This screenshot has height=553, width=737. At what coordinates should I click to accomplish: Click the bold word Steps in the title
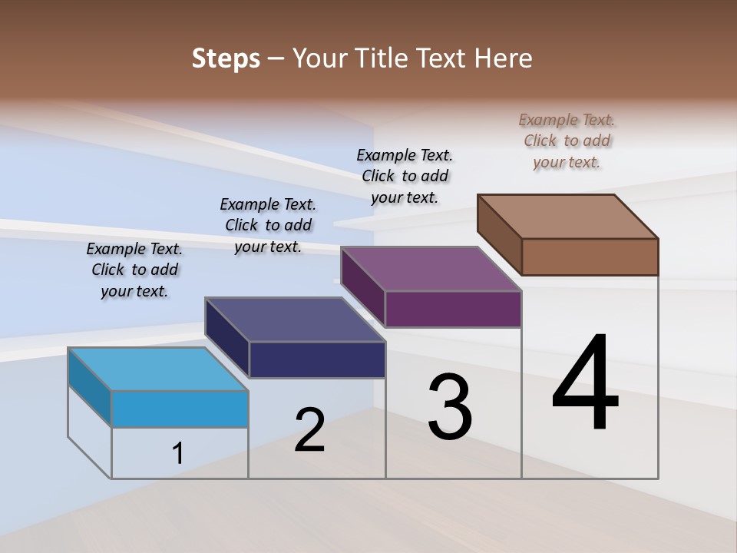click(x=226, y=58)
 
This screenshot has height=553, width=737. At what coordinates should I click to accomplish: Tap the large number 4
click(x=585, y=384)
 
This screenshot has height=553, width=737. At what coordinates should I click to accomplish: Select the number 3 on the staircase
click(x=450, y=407)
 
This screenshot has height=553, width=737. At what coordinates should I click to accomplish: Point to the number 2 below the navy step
click(x=309, y=430)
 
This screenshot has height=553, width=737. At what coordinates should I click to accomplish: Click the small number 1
click(x=178, y=453)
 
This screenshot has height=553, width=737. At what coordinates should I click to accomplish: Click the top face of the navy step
click(x=296, y=320)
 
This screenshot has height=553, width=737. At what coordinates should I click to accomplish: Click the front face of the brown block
click(x=590, y=257)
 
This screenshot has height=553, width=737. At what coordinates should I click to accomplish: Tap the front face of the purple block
click(x=453, y=309)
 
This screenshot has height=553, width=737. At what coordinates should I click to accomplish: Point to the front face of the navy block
click(x=317, y=359)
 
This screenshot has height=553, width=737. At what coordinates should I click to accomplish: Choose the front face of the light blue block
click(x=180, y=409)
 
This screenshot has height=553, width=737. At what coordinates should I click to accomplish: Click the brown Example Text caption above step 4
click(x=567, y=141)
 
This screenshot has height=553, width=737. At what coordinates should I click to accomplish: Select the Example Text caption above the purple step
click(x=405, y=176)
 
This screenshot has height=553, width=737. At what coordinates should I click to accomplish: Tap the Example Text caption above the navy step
click(x=268, y=225)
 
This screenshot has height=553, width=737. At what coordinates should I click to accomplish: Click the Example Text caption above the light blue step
click(x=134, y=270)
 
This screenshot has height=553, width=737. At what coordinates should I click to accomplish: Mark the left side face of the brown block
click(x=500, y=234)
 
